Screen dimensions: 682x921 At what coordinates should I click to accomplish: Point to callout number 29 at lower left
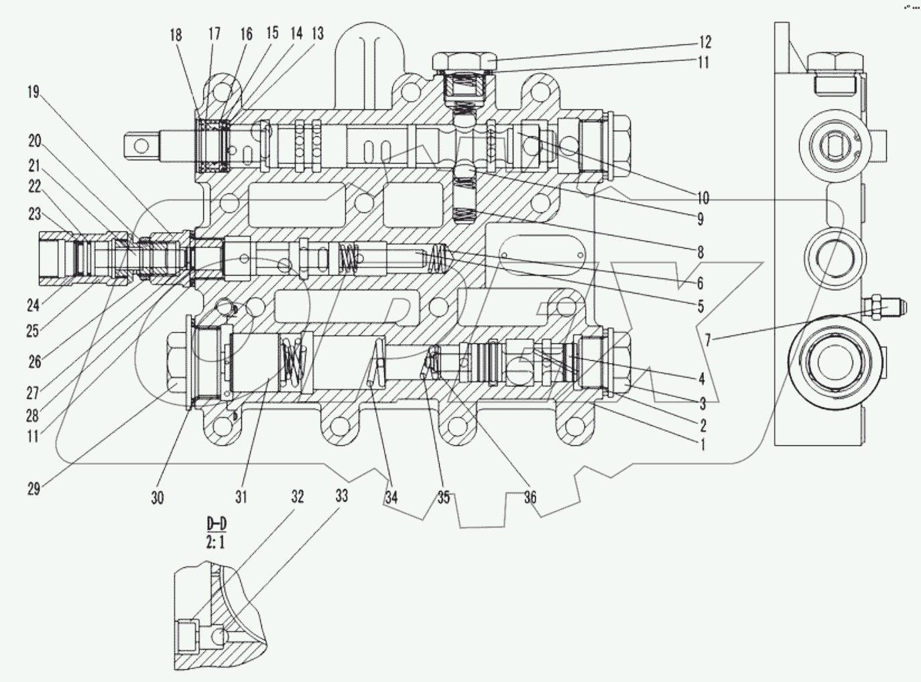(x=34, y=488)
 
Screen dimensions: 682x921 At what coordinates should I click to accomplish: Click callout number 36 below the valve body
(x=530, y=497)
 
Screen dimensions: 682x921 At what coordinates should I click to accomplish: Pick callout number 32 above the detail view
(x=297, y=497)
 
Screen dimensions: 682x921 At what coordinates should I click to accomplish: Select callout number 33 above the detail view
(x=342, y=497)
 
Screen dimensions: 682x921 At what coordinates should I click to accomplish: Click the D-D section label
(x=215, y=522)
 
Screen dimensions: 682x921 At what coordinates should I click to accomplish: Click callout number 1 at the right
(x=702, y=444)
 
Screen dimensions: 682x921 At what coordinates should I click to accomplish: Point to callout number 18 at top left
(x=176, y=35)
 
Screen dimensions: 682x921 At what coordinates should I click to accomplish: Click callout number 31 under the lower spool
(x=241, y=497)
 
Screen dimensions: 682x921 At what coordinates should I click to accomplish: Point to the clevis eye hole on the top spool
(x=140, y=144)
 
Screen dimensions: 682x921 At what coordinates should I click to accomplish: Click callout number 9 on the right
(x=700, y=219)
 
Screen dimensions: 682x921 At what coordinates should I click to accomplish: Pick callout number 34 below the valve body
(x=391, y=497)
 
